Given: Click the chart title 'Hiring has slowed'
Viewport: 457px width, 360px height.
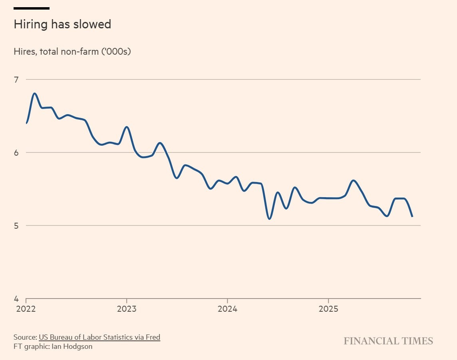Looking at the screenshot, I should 62,25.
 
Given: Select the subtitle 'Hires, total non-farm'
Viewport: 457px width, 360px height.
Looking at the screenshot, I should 72,51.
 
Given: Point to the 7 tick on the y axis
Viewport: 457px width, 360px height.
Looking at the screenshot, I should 16,79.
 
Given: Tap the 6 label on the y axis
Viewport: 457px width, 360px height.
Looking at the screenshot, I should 16,152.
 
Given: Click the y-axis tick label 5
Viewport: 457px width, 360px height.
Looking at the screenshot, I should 16,225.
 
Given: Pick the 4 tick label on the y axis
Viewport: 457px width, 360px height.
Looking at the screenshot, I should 16,299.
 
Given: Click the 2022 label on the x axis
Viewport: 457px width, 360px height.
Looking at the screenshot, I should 26,309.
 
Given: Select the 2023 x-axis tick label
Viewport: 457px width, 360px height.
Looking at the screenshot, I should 127,309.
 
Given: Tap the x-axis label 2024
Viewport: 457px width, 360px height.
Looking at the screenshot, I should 227,309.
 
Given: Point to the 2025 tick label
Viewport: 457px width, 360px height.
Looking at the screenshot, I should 328,309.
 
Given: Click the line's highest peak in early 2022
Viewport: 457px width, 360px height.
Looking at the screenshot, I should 35,93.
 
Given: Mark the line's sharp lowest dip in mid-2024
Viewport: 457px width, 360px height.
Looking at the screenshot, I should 269,219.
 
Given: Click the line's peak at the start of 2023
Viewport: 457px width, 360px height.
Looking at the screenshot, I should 127,127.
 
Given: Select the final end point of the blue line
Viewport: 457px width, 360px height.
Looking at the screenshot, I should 412,216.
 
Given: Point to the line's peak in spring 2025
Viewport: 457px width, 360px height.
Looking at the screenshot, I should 354,180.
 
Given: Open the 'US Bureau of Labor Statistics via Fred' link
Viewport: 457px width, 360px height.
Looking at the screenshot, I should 99,337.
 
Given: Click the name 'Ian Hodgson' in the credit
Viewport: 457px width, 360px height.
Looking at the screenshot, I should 72,346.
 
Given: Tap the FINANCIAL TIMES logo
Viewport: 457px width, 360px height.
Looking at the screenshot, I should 388,341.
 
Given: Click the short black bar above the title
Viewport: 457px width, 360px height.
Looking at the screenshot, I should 32,8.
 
